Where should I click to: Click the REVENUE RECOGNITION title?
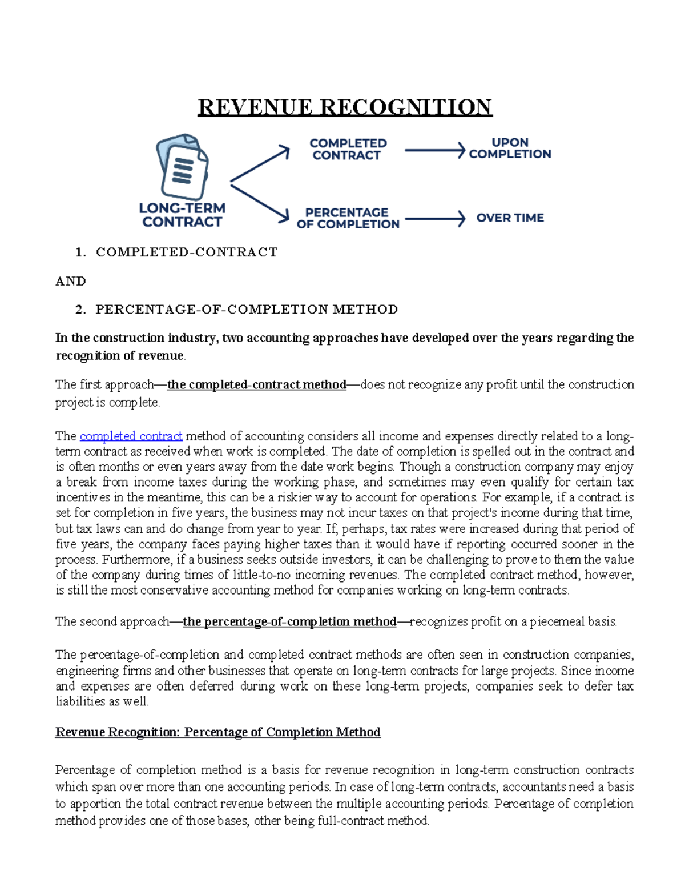coord(345,107)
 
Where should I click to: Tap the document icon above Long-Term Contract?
coord(182,167)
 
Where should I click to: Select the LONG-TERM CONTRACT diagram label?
coord(182,215)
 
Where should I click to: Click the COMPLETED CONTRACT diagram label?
coord(348,149)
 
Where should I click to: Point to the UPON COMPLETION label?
coord(510,148)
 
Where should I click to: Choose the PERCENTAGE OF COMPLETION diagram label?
coord(348,218)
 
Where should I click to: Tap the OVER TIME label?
coord(510,218)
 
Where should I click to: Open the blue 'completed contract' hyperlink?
coord(131,436)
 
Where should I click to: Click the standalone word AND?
coord(71,281)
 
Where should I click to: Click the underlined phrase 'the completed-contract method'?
coord(256,384)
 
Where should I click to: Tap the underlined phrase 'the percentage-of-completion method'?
coord(289,621)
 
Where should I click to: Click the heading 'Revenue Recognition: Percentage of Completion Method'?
coord(217,732)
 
